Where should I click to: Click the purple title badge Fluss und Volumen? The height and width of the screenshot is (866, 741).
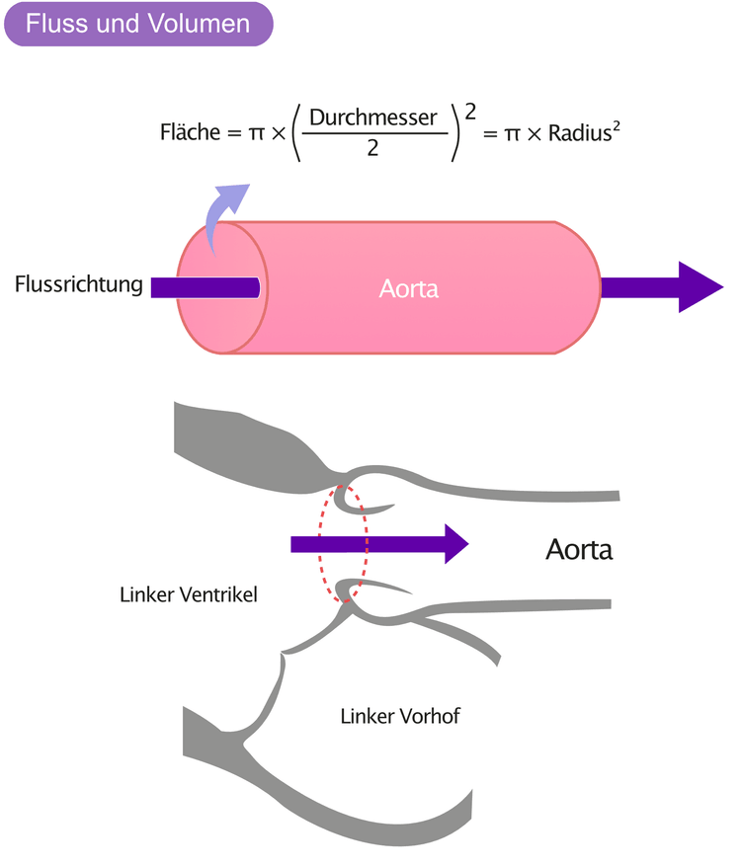138,24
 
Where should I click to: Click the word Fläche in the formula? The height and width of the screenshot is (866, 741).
190,132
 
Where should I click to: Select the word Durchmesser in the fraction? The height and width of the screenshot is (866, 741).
373,118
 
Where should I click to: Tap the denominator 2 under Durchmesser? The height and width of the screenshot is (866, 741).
373,148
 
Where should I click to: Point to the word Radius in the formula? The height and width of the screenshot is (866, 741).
580,133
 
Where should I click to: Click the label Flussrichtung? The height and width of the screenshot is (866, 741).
78,283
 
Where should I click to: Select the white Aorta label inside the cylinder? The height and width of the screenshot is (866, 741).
409,289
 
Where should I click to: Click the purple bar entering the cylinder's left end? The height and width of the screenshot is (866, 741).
205,287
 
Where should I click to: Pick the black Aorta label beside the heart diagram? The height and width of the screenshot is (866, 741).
579,550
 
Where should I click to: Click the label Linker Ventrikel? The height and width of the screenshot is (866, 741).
189,594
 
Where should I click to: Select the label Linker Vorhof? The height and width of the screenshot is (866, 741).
400,716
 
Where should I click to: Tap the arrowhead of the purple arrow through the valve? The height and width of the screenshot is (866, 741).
456,544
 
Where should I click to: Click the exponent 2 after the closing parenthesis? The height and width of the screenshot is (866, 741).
470,113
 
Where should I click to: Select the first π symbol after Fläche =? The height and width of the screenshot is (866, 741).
257,133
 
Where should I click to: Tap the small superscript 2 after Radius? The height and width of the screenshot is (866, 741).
617,126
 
